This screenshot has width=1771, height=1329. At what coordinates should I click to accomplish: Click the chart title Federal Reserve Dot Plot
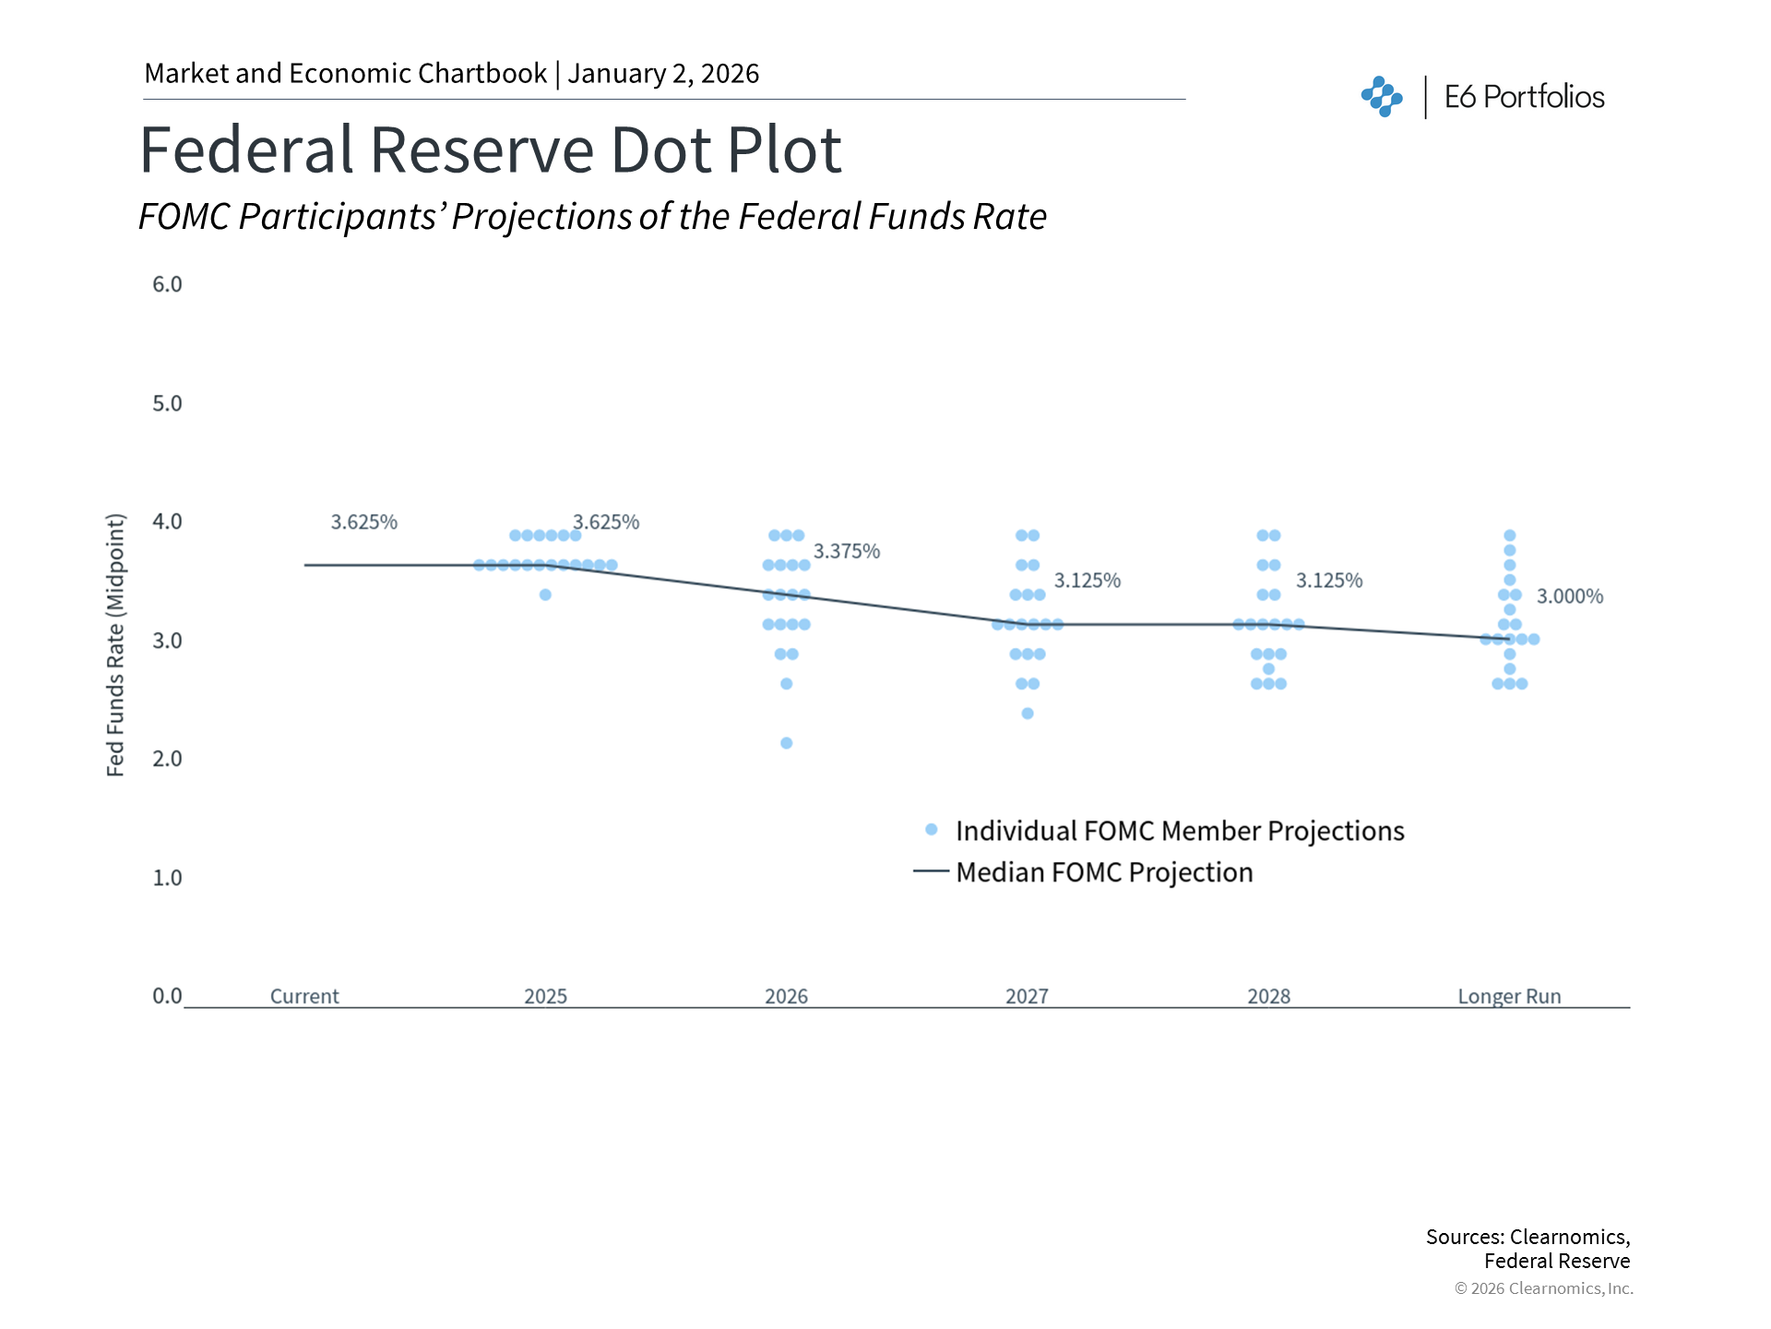tap(490, 150)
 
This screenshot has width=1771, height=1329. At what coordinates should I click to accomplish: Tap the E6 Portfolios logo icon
tap(1382, 97)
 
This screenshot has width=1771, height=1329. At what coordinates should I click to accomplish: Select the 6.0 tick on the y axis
tap(167, 284)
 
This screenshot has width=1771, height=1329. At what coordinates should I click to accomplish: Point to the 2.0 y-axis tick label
tap(167, 759)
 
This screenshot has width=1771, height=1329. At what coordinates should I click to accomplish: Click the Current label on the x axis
tap(304, 997)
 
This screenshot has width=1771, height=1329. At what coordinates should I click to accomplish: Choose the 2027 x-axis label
tap(1027, 997)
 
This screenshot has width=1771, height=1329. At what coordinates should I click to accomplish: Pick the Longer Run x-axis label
tap(1509, 997)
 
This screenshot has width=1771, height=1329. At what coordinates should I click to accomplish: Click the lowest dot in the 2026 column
tap(787, 743)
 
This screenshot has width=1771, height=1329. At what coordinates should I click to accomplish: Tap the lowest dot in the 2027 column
tap(1028, 713)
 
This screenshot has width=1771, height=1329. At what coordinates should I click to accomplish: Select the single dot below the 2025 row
tap(545, 595)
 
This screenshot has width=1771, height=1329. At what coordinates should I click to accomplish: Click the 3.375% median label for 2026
tap(847, 552)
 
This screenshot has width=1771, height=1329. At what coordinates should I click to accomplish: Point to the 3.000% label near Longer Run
tap(1570, 597)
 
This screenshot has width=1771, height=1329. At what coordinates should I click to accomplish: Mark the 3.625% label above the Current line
tap(364, 522)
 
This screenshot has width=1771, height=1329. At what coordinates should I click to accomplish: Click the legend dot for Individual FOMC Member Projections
tap(932, 830)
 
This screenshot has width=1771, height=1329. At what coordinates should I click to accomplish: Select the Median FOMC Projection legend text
tap(1104, 872)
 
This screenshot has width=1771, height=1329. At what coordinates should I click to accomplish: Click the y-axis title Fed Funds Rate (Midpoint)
tap(115, 645)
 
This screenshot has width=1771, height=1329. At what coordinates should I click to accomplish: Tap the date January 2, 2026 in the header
tap(663, 74)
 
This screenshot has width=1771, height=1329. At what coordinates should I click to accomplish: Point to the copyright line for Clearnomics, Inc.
tap(1543, 1288)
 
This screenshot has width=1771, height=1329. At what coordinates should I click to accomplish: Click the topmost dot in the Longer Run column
tap(1510, 535)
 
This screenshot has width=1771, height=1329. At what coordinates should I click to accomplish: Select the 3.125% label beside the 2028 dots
tap(1329, 581)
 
